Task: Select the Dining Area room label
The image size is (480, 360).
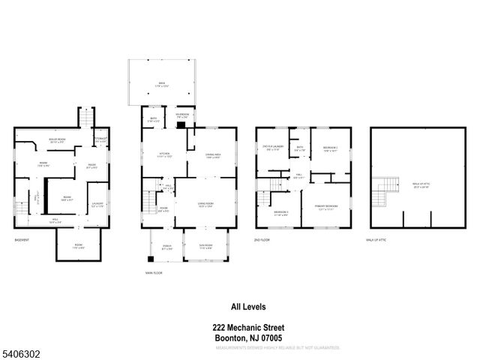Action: click(x=213, y=155)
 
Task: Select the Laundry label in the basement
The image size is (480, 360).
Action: click(x=97, y=204)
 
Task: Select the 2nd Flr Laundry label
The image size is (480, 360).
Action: click(x=271, y=148)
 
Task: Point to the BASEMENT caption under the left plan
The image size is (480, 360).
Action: click(x=22, y=239)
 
